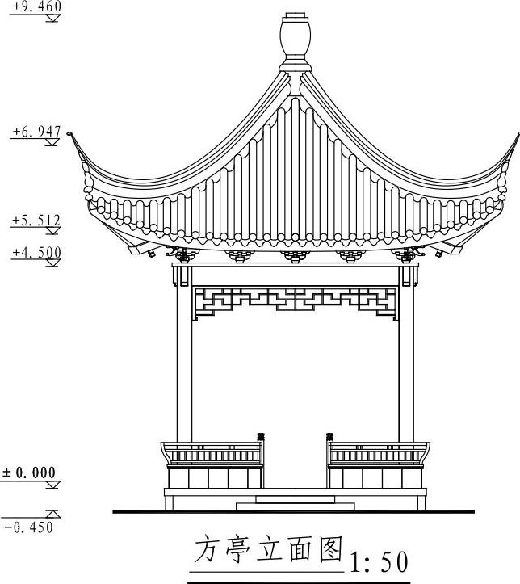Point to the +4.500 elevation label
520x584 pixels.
(36, 253)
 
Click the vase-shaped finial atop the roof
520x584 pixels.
(295, 36)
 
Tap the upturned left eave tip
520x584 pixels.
(71, 135)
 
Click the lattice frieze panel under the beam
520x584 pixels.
(295, 301)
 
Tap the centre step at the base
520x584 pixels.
(295, 499)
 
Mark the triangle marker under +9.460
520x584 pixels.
(52, 17)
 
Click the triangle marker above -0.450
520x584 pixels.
(52, 513)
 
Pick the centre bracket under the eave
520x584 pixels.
(295, 256)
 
